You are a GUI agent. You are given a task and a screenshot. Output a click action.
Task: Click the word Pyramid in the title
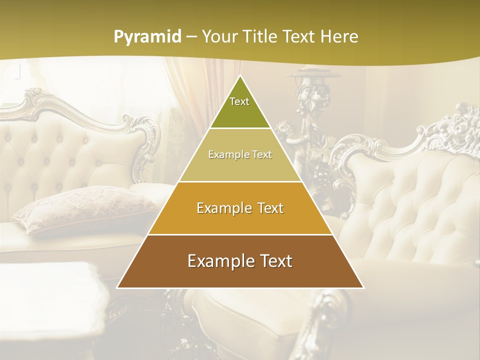click(x=147, y=37)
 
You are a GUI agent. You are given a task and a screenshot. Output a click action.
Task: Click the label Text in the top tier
click(x=239, y=101)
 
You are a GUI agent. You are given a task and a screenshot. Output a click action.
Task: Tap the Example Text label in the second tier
click(x=240, y=154)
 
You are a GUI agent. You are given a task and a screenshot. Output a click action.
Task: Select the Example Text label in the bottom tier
click(x=240, y=261)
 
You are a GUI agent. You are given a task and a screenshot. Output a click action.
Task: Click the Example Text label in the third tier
click(x=240, y=208)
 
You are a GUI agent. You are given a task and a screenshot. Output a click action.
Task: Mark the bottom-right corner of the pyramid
click(x=363, y=287)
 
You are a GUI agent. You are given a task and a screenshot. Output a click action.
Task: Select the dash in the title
click(x=191, y=37)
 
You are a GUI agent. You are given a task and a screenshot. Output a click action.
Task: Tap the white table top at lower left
click(x=50, y=290)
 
